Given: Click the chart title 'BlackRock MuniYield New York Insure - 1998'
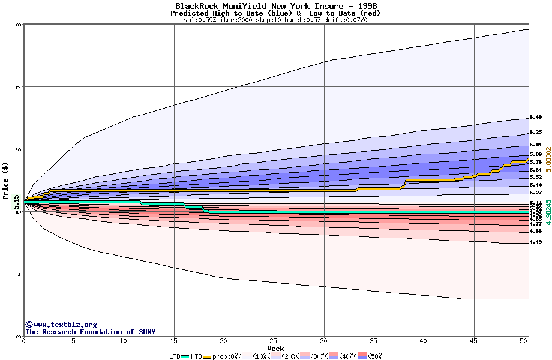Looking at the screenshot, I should click(x=275, y=6).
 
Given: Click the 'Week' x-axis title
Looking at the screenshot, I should click(x=275, y=348).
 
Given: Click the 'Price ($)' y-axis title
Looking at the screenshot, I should click(x=6, y=181).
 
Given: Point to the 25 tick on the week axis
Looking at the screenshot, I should click(x=274, y=341).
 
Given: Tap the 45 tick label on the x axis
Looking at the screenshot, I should click(x=474, y=341).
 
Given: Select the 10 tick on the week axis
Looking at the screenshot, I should click(x=124, y=341).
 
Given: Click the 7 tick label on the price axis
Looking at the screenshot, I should click(x=19, y=88).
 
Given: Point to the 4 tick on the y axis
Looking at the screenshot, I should click(x=19, y=275).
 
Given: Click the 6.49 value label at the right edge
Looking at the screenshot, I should click(x=536, y=118).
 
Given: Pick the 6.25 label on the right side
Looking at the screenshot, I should click(x=536, y=132).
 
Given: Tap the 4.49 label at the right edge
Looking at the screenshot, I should click(x=536, y=242).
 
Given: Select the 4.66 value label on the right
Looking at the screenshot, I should click(x=536, y=231).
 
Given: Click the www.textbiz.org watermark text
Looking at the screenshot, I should click(x=61, y=325).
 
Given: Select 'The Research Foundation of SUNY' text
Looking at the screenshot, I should click(x=90, y=332).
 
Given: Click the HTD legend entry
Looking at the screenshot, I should click(x=196, y=356).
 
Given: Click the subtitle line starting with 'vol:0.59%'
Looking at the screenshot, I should click(x=275, y=20).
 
